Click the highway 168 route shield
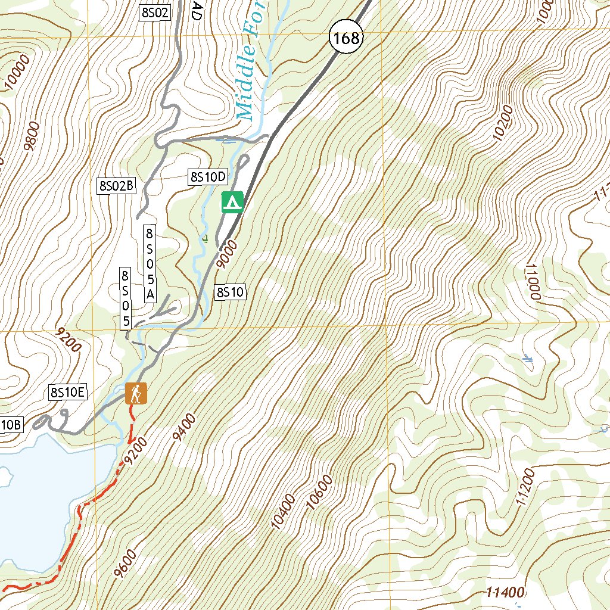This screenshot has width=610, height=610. (x=346, y=39)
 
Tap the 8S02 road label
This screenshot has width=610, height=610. (x=154, y=13)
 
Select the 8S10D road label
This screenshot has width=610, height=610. (x=208, y=176)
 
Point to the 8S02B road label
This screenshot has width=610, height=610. (x=117, y=186)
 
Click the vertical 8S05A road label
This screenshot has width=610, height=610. (x=150, y=263)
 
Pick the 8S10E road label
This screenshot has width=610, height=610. (x=69, y=392)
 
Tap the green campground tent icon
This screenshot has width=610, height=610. (x=232, y=202)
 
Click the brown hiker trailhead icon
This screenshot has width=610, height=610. (x=136, y=394)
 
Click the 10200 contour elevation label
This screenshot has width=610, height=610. (x=503, y=123)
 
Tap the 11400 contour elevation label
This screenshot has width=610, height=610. (x=505, y=592)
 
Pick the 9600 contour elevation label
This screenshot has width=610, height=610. (x=124, y=564)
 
